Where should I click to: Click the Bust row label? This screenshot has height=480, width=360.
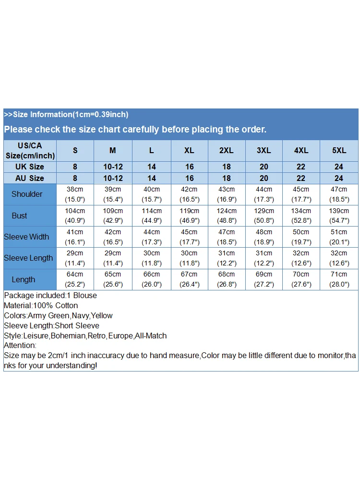20,216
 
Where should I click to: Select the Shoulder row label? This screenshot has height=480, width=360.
27,194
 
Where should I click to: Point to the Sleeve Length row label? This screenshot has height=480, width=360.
28,258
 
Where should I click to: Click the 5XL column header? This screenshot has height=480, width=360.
339,150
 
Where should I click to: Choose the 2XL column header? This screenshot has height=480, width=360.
227,150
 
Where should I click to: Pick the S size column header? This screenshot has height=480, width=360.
75,150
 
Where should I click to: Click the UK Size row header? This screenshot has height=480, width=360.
30,167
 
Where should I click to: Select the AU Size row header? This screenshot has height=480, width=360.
30,178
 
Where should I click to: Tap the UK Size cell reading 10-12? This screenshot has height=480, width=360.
113,167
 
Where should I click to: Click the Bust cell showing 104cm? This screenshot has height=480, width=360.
75,216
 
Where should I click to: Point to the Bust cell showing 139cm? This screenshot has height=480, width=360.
339,216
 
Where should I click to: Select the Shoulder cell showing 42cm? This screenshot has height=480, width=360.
189,194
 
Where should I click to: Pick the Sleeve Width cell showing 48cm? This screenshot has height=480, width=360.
264,237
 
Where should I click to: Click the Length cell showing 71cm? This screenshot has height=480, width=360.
339,279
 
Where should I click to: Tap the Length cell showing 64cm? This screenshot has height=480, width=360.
75,279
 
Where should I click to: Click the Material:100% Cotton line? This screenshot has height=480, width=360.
41,305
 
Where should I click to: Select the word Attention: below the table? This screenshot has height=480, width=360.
20,345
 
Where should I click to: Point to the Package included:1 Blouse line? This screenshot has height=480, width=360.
50,295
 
